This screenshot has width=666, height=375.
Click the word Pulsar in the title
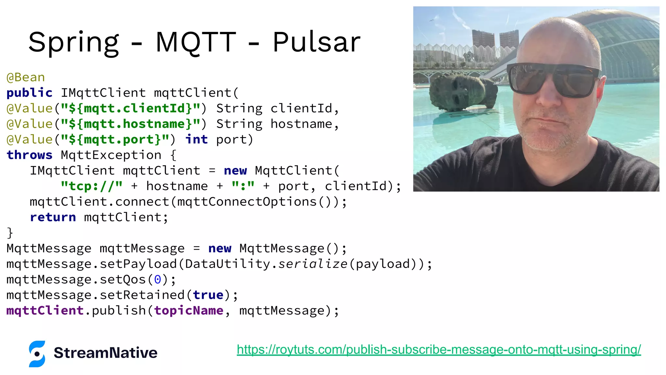coord(316,42)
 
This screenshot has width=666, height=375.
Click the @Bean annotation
coord(26,77)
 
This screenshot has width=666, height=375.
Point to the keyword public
coord(29,93)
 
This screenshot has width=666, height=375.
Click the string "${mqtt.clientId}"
coord(130,108)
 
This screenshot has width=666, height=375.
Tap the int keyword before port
coord(196,140)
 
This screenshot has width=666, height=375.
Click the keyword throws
coord(29,155)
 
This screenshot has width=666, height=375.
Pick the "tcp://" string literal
coord(92,186)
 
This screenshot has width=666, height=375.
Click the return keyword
coord(53,217)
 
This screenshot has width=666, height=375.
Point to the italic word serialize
coord(313,264)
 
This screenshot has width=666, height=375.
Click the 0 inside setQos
coord(157,280)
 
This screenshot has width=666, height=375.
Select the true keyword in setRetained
coord(208,295)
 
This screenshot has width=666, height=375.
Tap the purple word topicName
coord(189,311)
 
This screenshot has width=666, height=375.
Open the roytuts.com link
coord(439,350)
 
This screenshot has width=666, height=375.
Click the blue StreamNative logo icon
coord(37,354)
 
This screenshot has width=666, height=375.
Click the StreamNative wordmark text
coord(105,353)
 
